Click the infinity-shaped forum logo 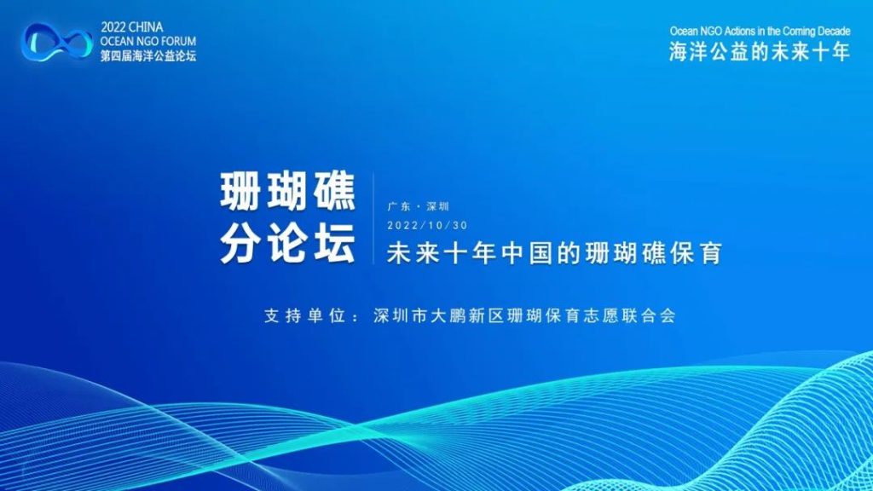57,42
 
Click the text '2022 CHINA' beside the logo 132,27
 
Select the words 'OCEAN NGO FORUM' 148,41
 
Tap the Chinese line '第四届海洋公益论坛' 148,55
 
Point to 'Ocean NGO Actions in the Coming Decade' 760,32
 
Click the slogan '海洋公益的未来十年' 760,52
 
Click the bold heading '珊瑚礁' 288,192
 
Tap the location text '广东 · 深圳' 418,206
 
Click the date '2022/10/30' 428,225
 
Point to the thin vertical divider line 373,217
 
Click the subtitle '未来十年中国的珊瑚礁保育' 554,253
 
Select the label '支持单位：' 312,316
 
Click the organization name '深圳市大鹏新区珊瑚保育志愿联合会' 524,316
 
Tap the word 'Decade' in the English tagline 834,32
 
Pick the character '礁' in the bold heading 334,192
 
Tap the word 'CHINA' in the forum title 146,27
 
